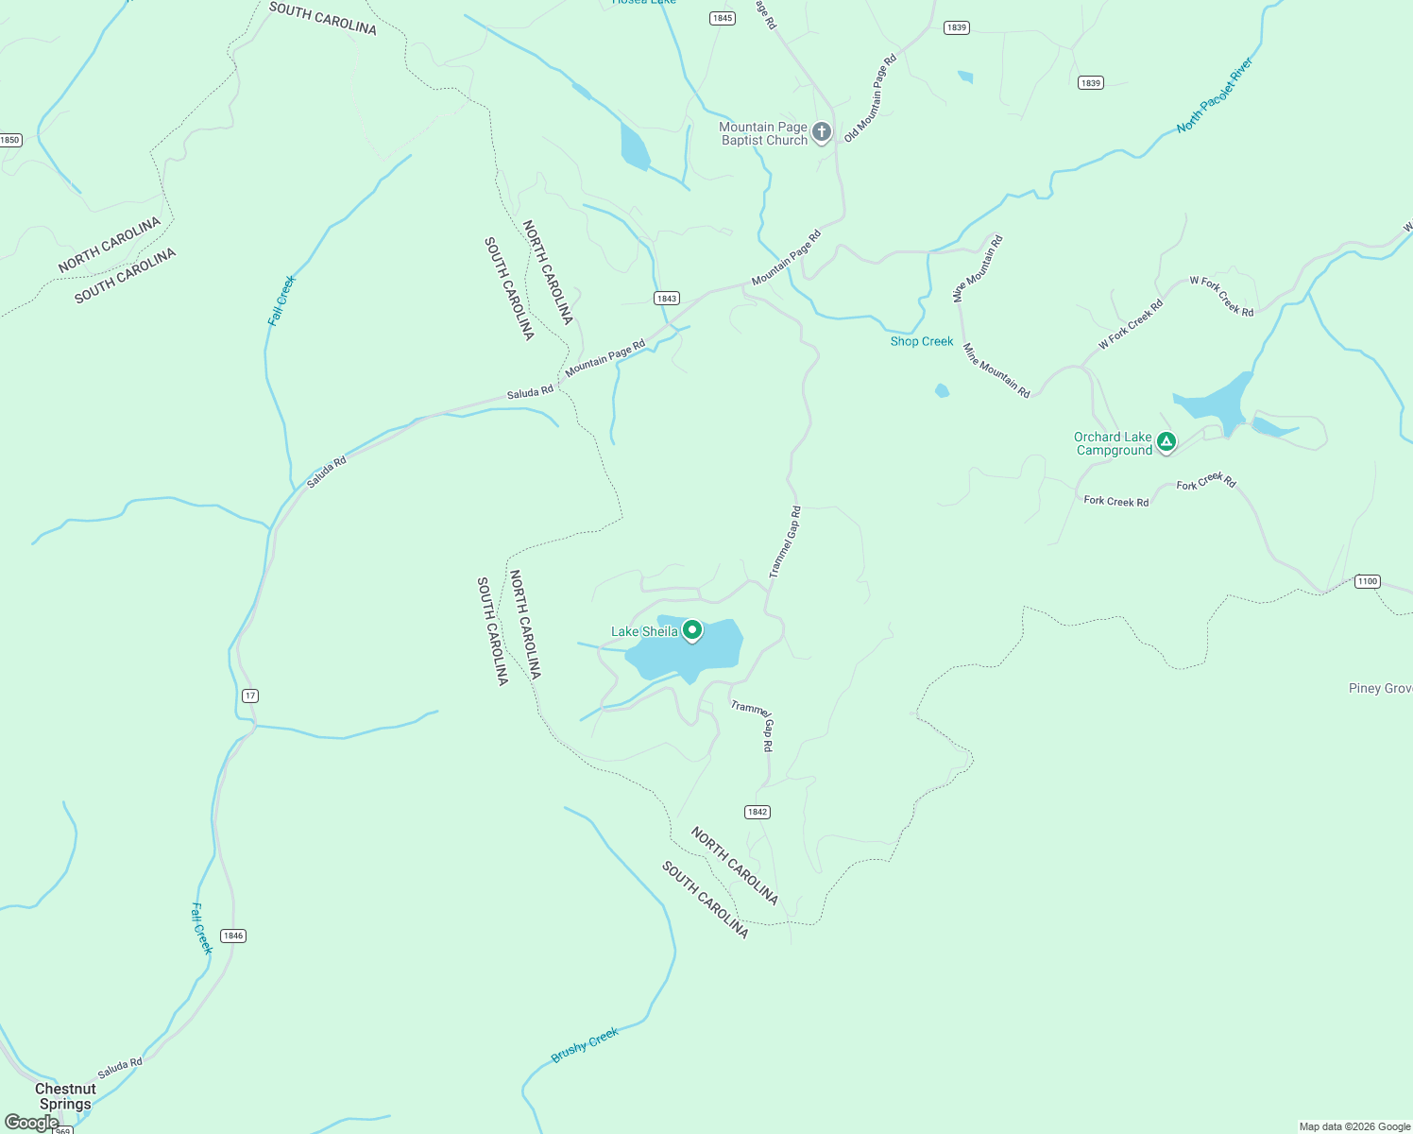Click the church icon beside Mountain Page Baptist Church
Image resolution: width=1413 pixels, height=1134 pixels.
[822, 131]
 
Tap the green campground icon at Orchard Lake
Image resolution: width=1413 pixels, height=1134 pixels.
[1166, 441]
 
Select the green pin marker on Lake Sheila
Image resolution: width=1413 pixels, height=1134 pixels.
[692, 629]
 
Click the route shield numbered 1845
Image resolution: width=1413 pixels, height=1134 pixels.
[723, 18]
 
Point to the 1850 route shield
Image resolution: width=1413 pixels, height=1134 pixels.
[9, 140]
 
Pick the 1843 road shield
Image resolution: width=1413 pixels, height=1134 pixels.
[667, 298]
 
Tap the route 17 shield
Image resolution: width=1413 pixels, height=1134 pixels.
[249, 696]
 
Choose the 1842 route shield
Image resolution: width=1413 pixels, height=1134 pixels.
[758, 812]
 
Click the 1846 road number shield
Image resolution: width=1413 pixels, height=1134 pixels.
[233, 936]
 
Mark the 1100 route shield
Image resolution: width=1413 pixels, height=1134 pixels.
[1368, 581]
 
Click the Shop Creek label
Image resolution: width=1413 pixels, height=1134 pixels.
[922, 341]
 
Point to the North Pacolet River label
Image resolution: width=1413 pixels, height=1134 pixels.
[1215, 95]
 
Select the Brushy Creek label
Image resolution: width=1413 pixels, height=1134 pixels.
[585, 1045]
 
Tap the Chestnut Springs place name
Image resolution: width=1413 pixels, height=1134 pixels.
[65, 1096]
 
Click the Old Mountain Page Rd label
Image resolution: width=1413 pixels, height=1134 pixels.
[870, 98]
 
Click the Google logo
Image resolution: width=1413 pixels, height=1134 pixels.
[31, 1123]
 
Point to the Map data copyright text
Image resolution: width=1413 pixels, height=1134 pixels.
[1354, 1126]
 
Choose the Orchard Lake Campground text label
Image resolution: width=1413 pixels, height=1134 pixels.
[1115, 444]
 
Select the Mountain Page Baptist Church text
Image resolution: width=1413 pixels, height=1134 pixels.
[763, 133]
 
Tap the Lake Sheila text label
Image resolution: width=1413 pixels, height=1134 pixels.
[644, 631]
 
